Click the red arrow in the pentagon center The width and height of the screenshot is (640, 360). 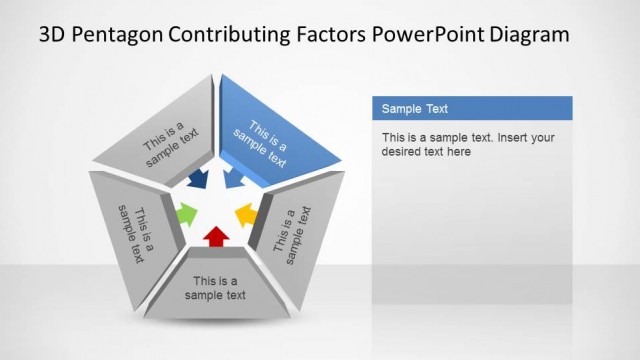tap(215, 236)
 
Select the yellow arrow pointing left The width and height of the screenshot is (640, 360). tap(246, 214)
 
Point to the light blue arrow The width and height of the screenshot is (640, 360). tap(234, 180)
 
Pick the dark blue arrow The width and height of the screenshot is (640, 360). tap(198, 180)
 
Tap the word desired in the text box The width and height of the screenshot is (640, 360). tap(402, 152)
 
